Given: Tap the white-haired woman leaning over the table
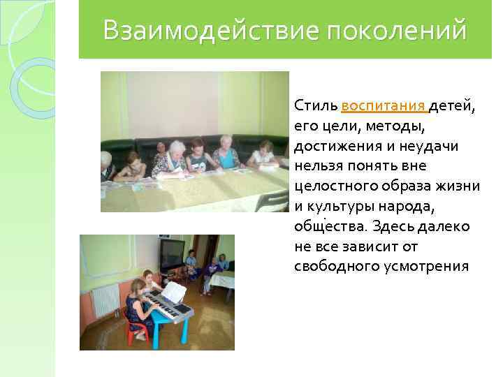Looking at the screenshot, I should pyautogui.click(x=171, y=158).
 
